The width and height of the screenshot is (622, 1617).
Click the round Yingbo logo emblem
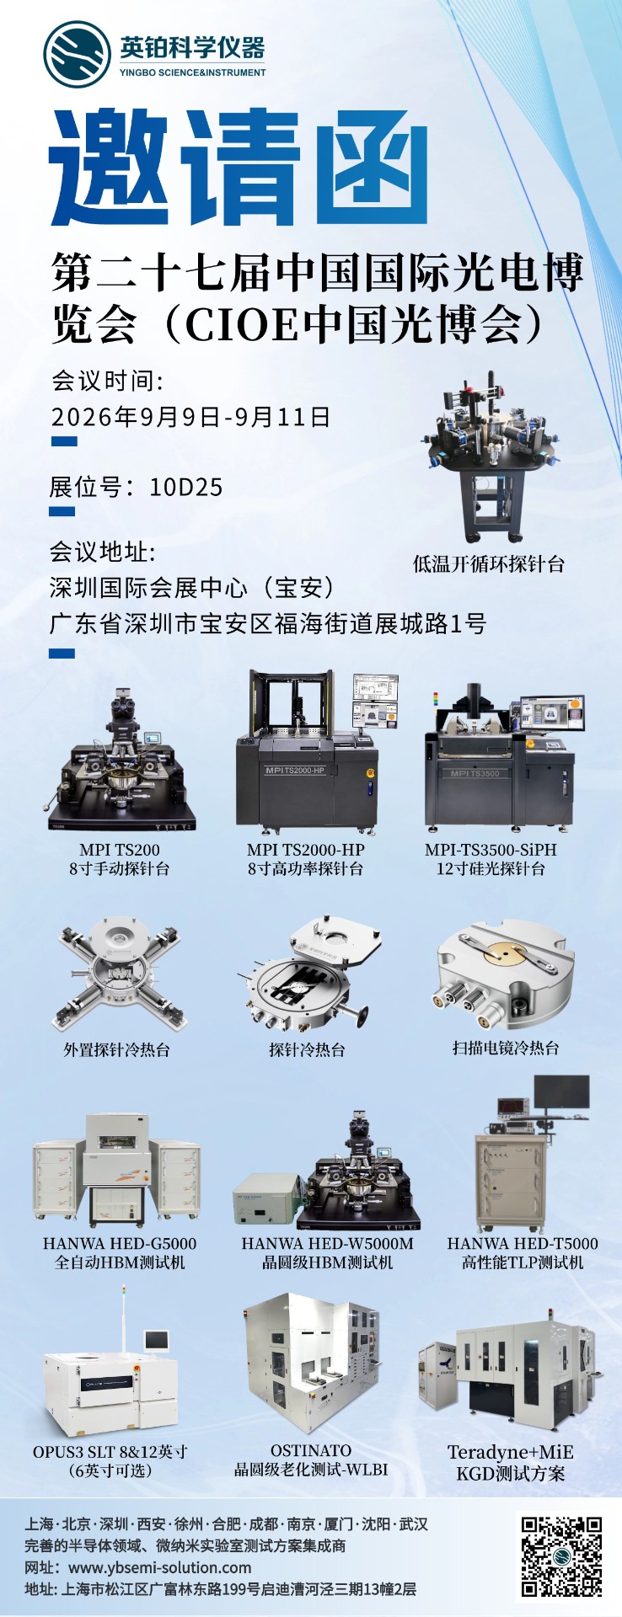click(78, 55)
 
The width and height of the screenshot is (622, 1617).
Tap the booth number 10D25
click(185, 487)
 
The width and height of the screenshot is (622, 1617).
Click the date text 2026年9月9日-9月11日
click(190, 417)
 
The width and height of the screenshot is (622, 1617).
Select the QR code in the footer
click(560, 1556)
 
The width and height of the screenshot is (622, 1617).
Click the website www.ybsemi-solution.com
click(159, 1567)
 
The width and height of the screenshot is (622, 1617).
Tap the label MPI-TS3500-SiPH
click(491, 850)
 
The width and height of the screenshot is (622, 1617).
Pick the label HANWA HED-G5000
click(120, 1243)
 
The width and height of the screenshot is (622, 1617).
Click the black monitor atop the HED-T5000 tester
click(562, 1092)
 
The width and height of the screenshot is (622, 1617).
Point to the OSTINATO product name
click(311, 1450)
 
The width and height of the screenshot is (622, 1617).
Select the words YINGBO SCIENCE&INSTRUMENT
click(193, 72)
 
